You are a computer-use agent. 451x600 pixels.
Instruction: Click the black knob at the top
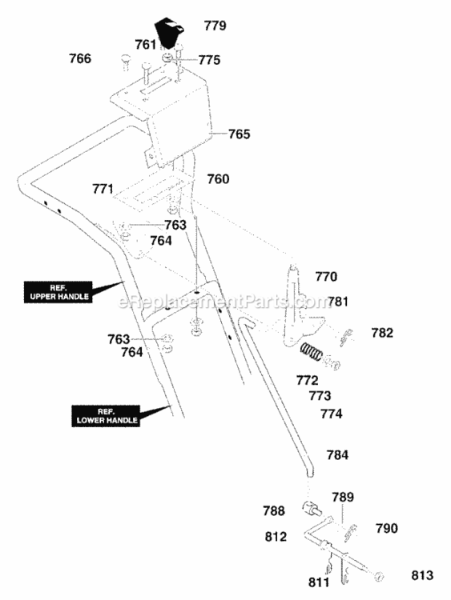168,33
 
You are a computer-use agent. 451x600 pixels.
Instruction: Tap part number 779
215,26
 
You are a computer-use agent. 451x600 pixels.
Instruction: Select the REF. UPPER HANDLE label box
58,292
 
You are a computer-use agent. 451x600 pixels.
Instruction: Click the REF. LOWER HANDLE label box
106,416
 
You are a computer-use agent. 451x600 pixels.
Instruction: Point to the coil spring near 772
312,351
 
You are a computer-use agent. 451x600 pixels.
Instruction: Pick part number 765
239,134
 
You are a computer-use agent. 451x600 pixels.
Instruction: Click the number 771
103,189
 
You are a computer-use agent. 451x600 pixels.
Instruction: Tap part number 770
326,276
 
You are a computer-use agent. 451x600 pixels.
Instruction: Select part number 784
337,455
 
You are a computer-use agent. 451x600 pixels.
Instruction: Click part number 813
422,575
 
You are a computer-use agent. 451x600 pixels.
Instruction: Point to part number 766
80,58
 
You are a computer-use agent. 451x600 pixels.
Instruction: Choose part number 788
274,511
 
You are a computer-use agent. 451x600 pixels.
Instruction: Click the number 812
276,537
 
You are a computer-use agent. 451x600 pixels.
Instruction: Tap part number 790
387,529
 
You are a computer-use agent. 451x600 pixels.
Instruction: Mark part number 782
382,333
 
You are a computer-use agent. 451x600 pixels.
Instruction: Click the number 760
218,178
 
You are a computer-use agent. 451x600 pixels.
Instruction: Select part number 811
319,582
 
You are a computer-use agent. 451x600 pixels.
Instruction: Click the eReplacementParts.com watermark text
224,302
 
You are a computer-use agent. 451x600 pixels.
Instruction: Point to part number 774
331,414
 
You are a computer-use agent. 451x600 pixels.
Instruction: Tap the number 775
209,60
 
